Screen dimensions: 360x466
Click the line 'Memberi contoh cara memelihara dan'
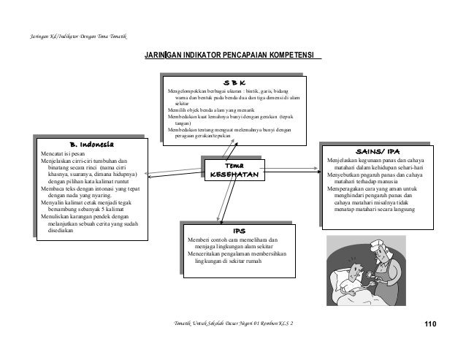(232, 240)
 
